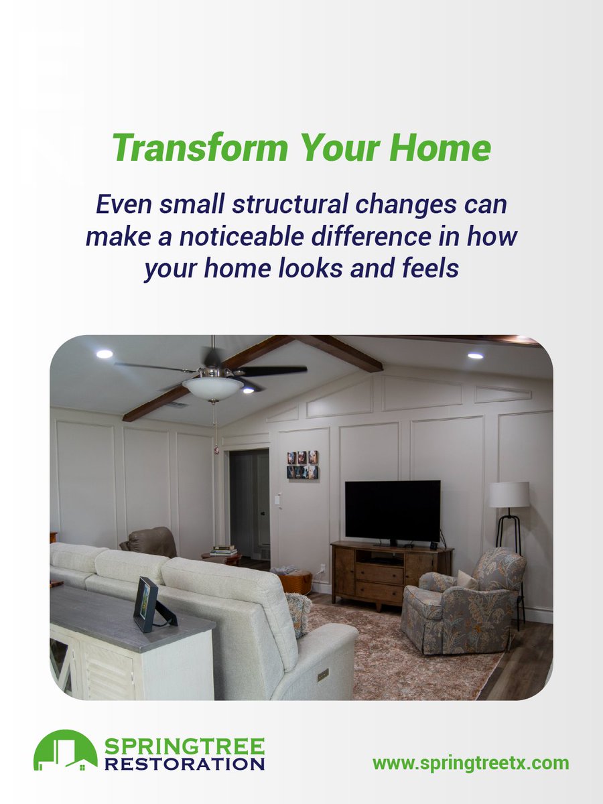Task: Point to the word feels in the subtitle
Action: tap(426, 268)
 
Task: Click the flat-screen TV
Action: tap(392, 511)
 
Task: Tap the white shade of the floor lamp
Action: tap(509, 494)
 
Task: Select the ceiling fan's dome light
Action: tap(212, 388)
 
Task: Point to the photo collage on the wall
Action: tap(303, 464)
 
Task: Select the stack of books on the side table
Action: tap(224, 550)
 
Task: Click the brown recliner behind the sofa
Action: tap(149, 542)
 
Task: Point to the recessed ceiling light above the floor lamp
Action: tap(475, 355)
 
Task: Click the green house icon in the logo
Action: tap(65, 751)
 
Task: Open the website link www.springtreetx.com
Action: tap(470, 762)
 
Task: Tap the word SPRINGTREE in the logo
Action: tap(184, 745)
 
